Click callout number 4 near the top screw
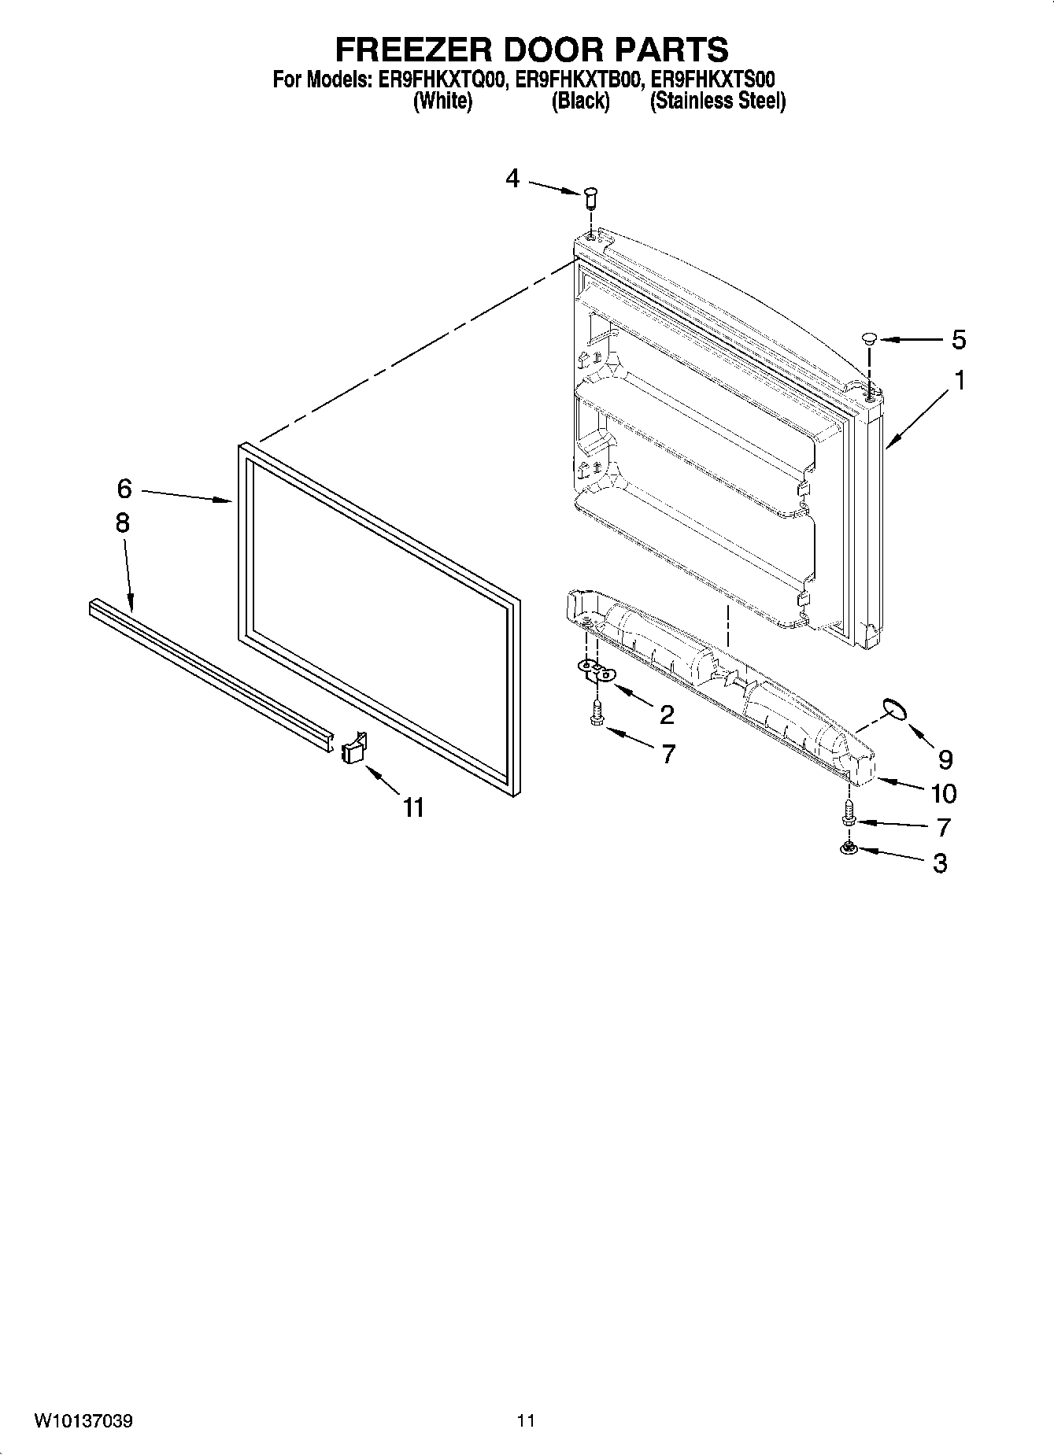(x=512, y=179)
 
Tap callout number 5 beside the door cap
(x=958, y=340)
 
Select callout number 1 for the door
(x=960, y=381)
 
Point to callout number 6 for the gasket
(x=124, y=489)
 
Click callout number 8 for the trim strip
(x=122, y=523)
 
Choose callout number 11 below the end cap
(x=413, y=807)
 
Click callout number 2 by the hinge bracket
(x=666, y=715)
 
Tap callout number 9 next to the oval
(x=945, y=759)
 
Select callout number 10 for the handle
(x=943, y=793)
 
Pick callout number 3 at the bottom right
(x=940, y=863)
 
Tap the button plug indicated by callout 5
(x=868, y=339)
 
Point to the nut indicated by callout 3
(x=849, y=848)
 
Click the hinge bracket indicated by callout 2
(x=597, y=670)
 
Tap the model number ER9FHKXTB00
(x=579, y=80)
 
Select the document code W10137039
(x=83, y=1421)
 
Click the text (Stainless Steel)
(x=717, y=101)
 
